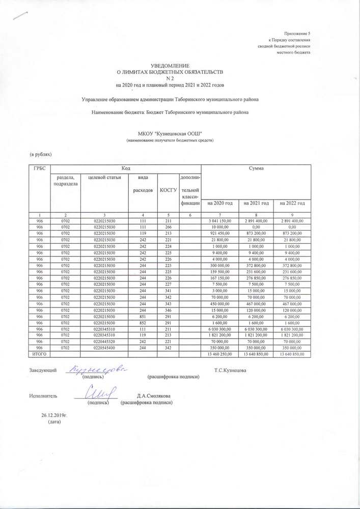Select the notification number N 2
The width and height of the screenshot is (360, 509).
(171, 78)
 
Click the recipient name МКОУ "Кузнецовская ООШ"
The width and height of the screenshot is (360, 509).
(170, 132)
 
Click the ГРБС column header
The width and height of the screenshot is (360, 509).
(39, 167)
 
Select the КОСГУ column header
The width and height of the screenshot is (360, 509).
(168, 189)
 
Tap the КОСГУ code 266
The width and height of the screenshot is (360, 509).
(168, 227)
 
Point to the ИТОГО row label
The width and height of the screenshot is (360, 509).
(40, 354)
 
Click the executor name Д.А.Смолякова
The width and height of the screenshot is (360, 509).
(153, 395)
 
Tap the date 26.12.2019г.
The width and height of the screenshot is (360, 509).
(54, 415)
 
